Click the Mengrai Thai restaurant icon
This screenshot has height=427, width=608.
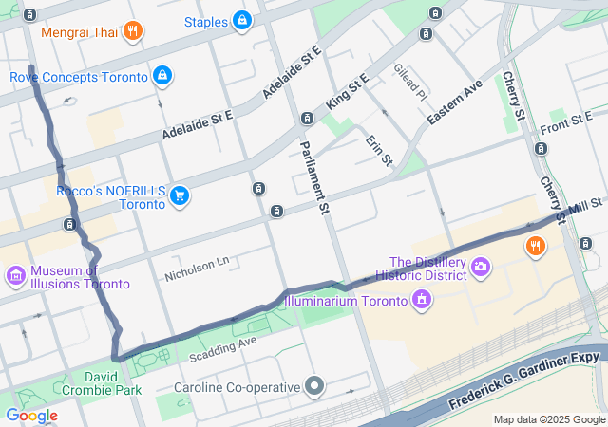pos(133,31)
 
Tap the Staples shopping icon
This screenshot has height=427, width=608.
pos(242,20)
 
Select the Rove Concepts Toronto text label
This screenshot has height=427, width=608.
pos(79,76)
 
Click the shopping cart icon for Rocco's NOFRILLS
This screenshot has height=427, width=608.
pos(179,196)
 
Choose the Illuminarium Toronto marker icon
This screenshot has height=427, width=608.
pos(422,302)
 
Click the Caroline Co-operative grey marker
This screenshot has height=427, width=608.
pos(314,386)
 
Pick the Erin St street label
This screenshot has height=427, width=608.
pos(379,151)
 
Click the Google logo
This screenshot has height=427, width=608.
pos(31,415)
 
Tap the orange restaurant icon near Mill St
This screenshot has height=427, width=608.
pos(536,247)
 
